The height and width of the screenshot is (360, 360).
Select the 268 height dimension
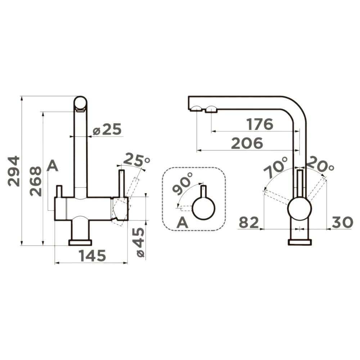click(36, 181)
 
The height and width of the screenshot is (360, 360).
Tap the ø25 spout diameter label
click(107, 129)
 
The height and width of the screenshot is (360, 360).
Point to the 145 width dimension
click(92, 256)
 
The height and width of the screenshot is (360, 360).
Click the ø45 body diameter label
click(140, 242)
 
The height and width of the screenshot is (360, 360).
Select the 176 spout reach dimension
click(260, 124)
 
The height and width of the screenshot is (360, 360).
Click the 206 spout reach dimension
click(247, 143)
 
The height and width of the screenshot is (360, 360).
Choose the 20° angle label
click(320, 164)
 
